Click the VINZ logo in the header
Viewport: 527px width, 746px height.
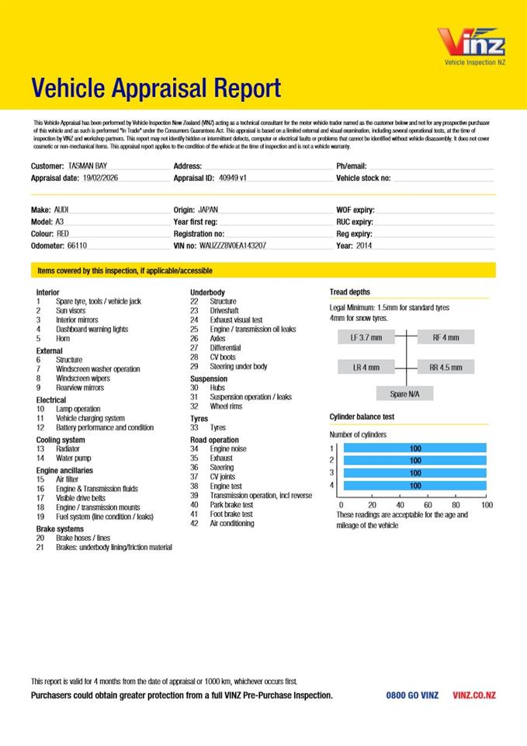(x=470, y=44)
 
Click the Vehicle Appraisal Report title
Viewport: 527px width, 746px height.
(x=156, y=89)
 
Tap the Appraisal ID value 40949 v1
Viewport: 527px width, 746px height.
(x=232, y=178)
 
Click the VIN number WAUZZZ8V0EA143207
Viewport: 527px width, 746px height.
(x=233, y=245)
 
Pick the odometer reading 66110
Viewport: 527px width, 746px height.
(x=78, y=245)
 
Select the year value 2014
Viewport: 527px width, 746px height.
(x=365, y=245)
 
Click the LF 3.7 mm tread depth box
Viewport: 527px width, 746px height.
(x=366, y=338)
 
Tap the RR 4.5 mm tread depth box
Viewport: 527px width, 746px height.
(x=446, y=367)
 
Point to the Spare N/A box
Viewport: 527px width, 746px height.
(x=404, y=394)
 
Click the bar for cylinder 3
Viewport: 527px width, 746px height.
(x=414, y=472)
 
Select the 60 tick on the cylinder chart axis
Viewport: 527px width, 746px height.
(x=428, y=504)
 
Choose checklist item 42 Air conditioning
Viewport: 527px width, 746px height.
(x=231, y=524)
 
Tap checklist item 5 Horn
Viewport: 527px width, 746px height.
(x=63, y=339)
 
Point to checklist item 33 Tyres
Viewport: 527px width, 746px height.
(x=218, y=427)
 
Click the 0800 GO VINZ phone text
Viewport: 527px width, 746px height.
(x=412, y=695)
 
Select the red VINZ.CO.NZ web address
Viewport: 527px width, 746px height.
(x=473, y=695)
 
